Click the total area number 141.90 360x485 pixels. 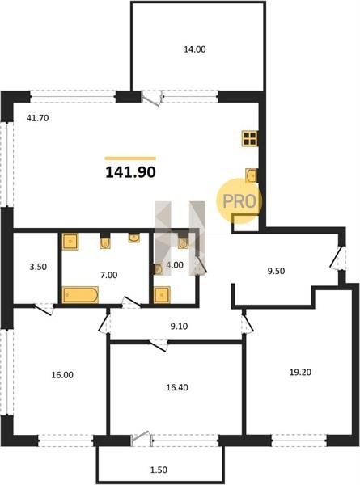(130, 172)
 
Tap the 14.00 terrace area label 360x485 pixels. (195, 49)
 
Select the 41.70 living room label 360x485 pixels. (37, 118)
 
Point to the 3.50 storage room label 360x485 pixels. (38, 267)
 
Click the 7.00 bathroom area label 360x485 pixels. (109, 275)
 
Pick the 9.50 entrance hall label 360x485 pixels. (276, 271)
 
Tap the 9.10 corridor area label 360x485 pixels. (180, 326)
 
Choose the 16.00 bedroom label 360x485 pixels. (62, 375)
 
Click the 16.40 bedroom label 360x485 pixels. (177, 387)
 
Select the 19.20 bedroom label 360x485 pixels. (300, 372)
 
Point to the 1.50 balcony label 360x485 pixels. (159, 470)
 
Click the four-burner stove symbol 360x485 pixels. (249, 138)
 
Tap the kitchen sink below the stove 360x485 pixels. (251, 175)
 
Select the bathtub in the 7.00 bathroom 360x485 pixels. (80, 295)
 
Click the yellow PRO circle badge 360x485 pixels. (239, 201)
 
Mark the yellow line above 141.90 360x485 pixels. (130, 158)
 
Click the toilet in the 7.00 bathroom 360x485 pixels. (105, 242)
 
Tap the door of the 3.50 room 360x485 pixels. (44, 310)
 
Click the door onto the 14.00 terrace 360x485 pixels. (152, 98)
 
